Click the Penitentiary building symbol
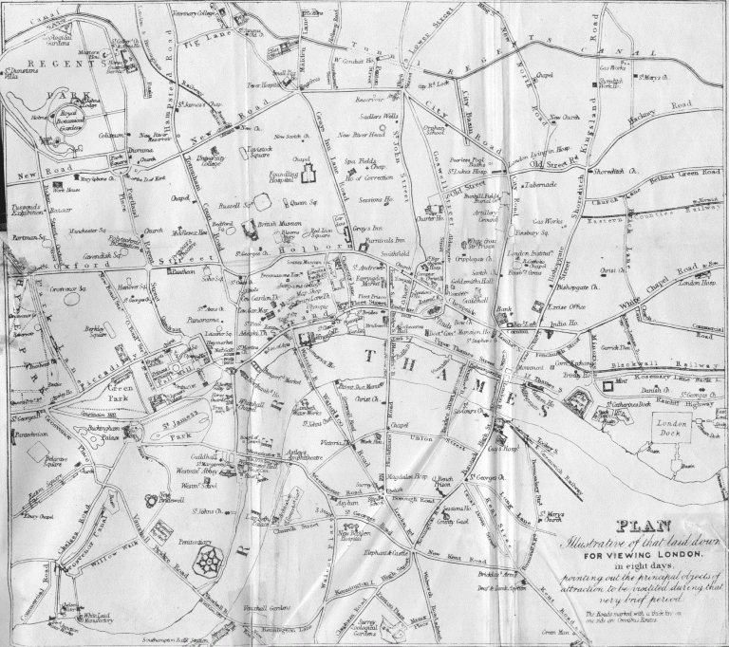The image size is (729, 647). tap(206, 562)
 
